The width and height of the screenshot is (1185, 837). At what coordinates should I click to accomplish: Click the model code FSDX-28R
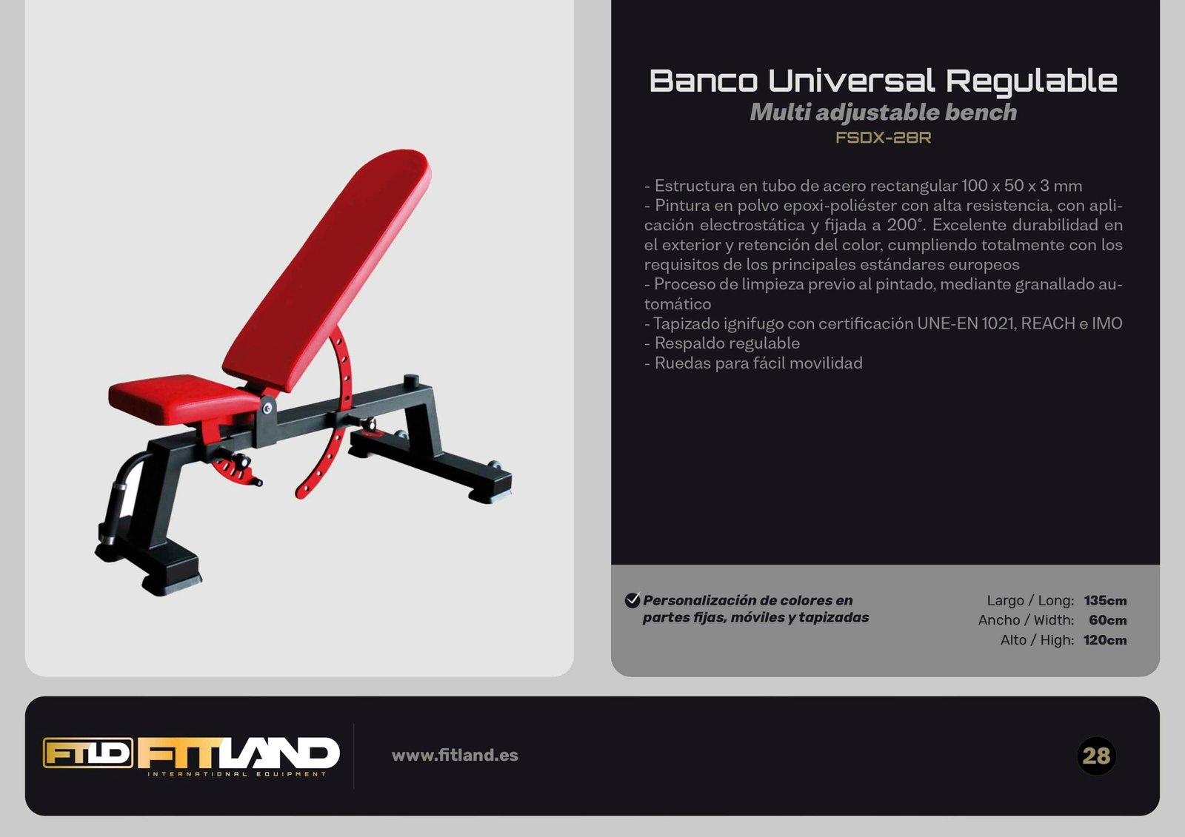[x=883, y=138]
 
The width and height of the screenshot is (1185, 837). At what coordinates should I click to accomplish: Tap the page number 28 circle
[x=1096, y=756]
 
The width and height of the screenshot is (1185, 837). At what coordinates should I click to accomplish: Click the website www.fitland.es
[x=455, y=755]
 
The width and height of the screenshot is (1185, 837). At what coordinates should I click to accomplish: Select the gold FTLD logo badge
[x=88, y=753]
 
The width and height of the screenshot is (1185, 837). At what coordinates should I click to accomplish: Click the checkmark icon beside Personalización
[x=632, y=600]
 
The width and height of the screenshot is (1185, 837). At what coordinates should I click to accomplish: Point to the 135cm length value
[x=1105, y=601]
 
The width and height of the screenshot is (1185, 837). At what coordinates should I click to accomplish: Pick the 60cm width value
[x=1108, y=620]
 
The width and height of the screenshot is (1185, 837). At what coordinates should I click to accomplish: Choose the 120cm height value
[x=1105, y=640]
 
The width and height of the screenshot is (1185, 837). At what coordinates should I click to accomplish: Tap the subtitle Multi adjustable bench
[x=884, y=112]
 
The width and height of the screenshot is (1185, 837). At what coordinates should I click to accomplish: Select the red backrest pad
[x=327, y=270]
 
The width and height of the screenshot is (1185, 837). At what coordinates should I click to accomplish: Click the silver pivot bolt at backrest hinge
[x=267, y=408]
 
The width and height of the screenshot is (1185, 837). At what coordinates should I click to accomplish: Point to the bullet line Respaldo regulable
[x=722, y=343]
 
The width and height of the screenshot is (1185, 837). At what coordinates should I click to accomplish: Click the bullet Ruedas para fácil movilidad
[x=753, y=363]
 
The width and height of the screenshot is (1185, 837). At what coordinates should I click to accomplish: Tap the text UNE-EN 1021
[x=966, y=323]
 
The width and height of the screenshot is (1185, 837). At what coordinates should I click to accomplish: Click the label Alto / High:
[x=1037, y=640]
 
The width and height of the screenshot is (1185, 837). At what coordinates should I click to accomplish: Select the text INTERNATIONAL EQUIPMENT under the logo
[x=237, y=774]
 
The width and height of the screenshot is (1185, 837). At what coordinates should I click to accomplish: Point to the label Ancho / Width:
[x=1026, y=620]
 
